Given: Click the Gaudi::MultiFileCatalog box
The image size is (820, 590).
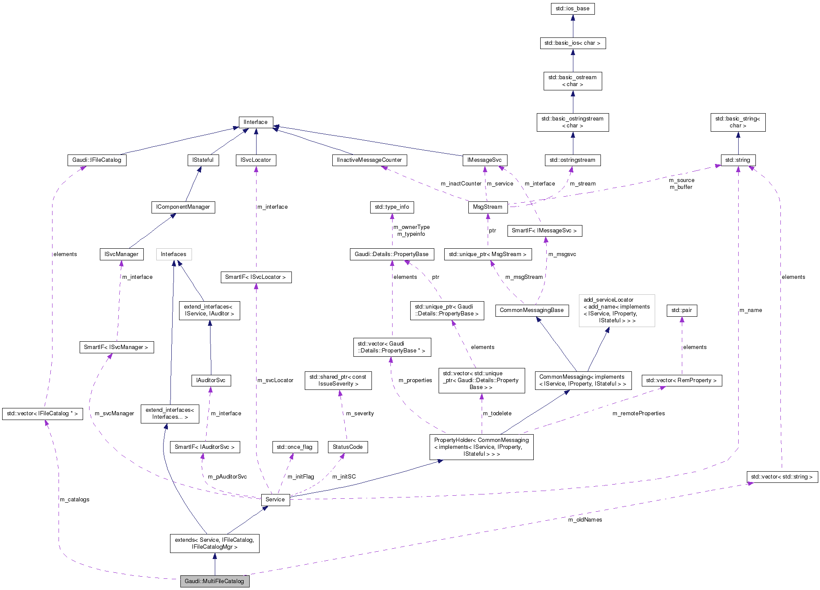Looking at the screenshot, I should (214, 581).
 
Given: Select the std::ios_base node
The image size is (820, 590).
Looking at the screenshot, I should (572, 9).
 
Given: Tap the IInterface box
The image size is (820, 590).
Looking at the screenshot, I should (256, 122).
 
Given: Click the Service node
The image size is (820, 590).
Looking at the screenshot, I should (275, 500).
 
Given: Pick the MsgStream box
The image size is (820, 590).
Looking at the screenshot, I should (487, 207).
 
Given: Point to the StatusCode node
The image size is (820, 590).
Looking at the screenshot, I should (347, 447).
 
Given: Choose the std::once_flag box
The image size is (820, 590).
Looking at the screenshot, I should (295, 447).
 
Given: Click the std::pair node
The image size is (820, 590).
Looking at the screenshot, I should (681, 310).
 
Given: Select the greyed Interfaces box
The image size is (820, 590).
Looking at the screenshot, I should (173, 254).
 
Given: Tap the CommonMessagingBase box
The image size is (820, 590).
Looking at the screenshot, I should (532, 310).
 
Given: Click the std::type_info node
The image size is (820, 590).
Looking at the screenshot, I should (392, 207).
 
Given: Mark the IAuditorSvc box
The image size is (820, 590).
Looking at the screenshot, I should (211, 380).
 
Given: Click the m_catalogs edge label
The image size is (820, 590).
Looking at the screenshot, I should (74, 500).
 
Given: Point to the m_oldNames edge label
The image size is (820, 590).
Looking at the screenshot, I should (585, 520).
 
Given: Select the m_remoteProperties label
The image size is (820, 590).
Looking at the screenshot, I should (638, 414).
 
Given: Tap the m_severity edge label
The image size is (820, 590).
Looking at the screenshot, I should (360, 414).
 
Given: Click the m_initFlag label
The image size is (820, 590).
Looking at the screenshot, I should (300, 477).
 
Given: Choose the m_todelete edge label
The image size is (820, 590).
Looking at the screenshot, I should (497, 414).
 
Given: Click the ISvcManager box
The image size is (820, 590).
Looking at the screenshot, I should (121, 254).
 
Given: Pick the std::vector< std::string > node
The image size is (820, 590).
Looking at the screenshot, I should (782, 477).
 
